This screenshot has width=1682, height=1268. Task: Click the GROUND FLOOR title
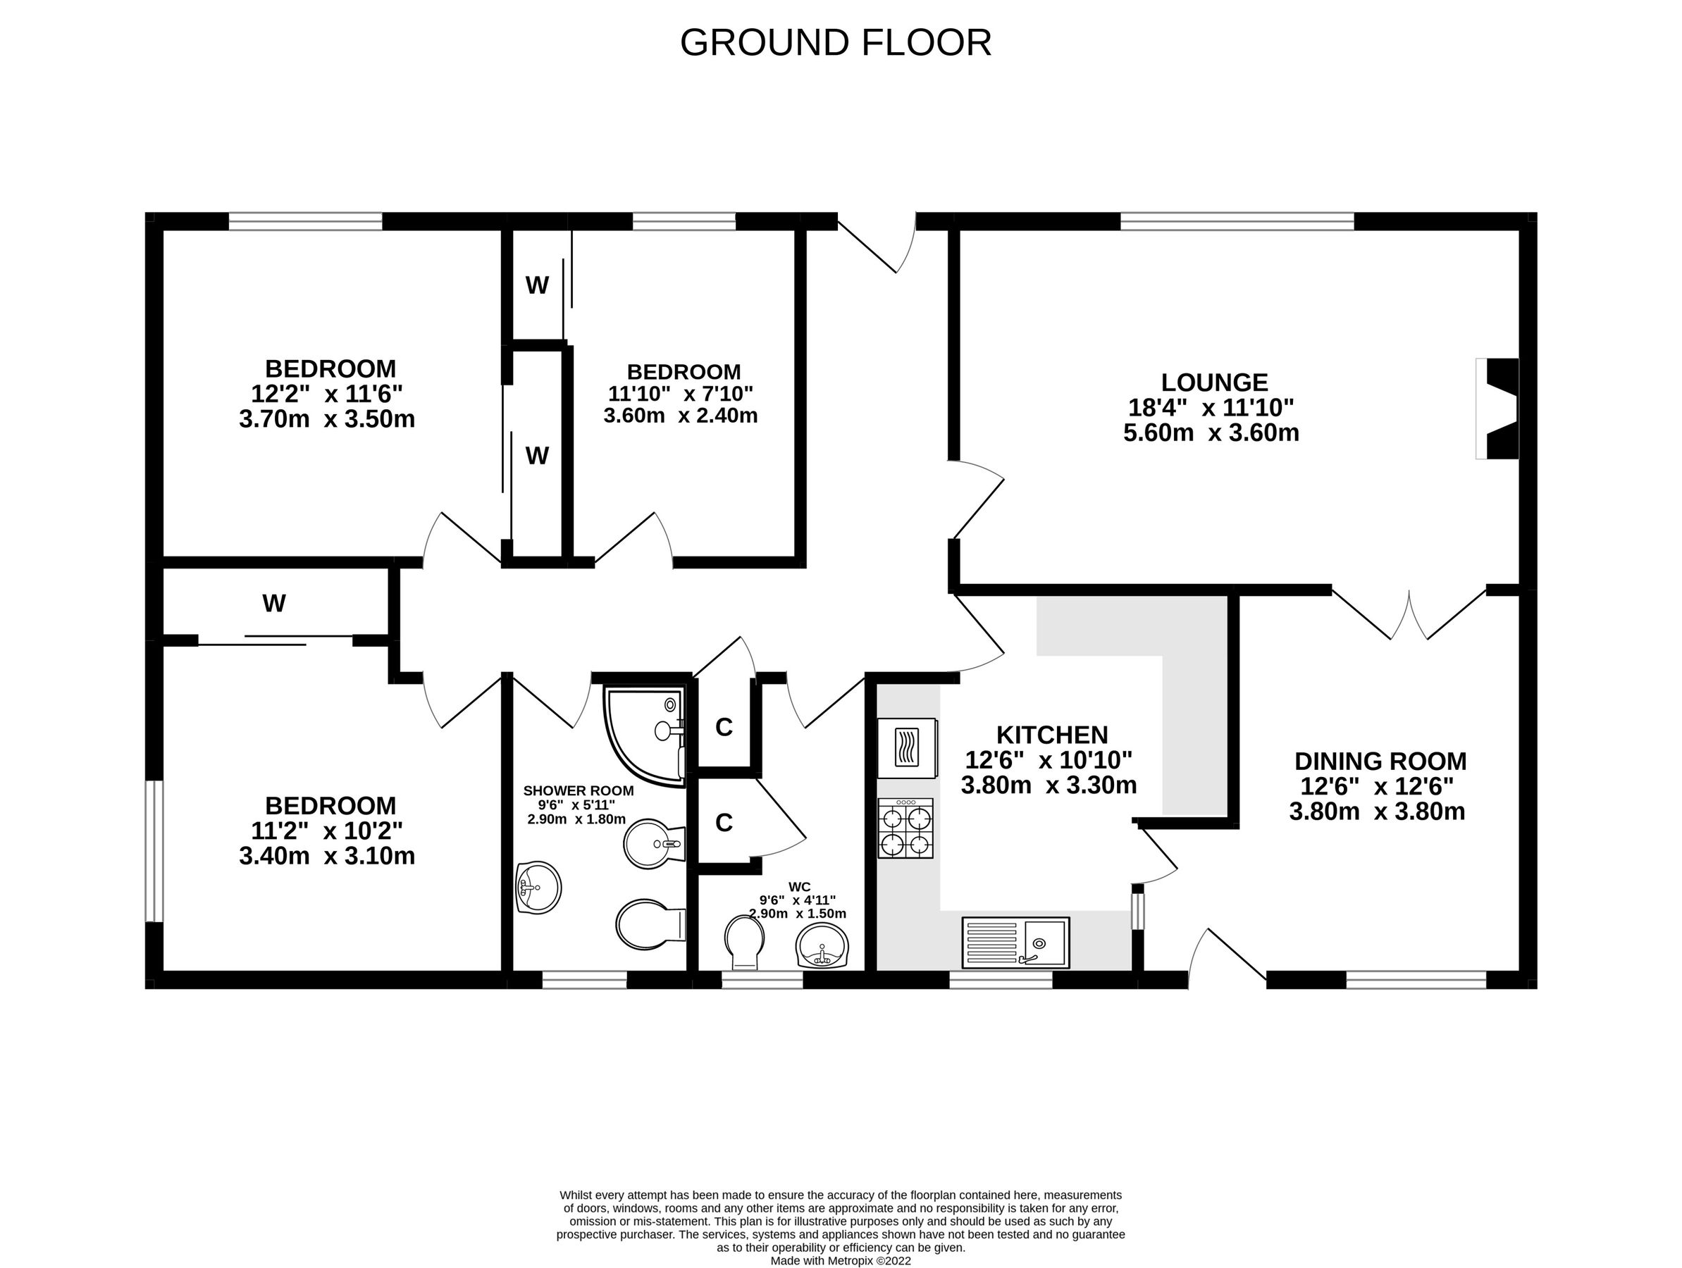835,42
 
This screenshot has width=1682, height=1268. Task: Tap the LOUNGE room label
1214,383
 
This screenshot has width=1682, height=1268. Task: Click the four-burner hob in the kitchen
905,828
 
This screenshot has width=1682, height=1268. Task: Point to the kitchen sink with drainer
1015,943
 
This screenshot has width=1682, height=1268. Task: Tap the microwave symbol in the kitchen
906,748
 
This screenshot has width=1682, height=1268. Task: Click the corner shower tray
643,733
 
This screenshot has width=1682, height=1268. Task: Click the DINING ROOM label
1380,761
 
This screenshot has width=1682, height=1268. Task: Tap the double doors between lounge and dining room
1409,616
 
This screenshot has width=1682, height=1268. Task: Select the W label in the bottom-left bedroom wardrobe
273,604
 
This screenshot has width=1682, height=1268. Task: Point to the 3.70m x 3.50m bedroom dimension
327,420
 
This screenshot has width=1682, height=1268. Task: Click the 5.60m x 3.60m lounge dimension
1211,433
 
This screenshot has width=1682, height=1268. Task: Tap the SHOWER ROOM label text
578,791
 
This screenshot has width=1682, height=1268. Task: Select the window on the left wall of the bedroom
154,851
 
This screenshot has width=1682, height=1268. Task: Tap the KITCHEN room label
1051,735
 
